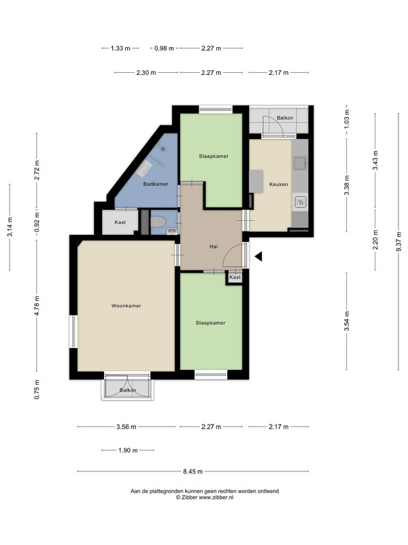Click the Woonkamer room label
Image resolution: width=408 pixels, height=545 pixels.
pos(126,306)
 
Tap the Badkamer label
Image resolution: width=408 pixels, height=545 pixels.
pos(156,184)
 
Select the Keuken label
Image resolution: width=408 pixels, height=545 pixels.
pos(279,184)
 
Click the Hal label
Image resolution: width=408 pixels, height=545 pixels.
pos(214,247)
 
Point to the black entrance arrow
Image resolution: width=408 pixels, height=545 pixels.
pos(258,257)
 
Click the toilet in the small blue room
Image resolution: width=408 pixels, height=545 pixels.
pos(158,222)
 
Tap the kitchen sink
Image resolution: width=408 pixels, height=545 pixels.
pos(300,162)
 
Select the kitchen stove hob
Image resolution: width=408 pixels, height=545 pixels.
pos(300,202)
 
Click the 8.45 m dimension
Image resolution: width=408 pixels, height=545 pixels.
pos(193,471)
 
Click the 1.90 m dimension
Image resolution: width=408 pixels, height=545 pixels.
pos(128,450)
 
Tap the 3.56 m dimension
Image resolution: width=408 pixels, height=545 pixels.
pos(126,427)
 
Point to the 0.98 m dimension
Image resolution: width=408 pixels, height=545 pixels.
pos(164,48)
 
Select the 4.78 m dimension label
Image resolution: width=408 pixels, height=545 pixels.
pos(37,305)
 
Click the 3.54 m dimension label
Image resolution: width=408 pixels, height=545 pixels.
pos(347,321)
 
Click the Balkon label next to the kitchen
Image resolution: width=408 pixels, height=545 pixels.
pos(285,118)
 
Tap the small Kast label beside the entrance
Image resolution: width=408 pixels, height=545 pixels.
pos(235,277)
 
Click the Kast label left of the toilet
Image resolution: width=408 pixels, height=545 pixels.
pos(120,222)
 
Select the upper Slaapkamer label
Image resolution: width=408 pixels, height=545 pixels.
pos(214,156)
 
